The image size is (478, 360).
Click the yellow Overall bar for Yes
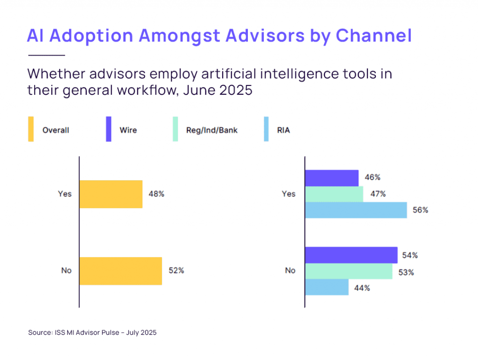[111, 194]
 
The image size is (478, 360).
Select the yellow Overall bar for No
[120, 271]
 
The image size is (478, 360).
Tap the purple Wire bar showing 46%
[331, 178]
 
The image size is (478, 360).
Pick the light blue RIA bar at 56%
[356, 210]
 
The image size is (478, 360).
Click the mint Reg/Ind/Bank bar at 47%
[334, 194]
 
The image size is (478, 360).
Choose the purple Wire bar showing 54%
[351, 255]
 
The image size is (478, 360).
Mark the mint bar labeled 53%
[348, 271]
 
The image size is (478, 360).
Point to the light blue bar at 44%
[326, 287]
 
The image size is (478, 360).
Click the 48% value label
[156, 194]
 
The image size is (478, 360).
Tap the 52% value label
[176, 271]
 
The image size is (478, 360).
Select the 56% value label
[421, 210]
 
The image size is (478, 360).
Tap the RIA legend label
[283, 130]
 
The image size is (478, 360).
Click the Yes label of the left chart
[65, 194]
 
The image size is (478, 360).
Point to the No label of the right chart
[290, 271]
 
